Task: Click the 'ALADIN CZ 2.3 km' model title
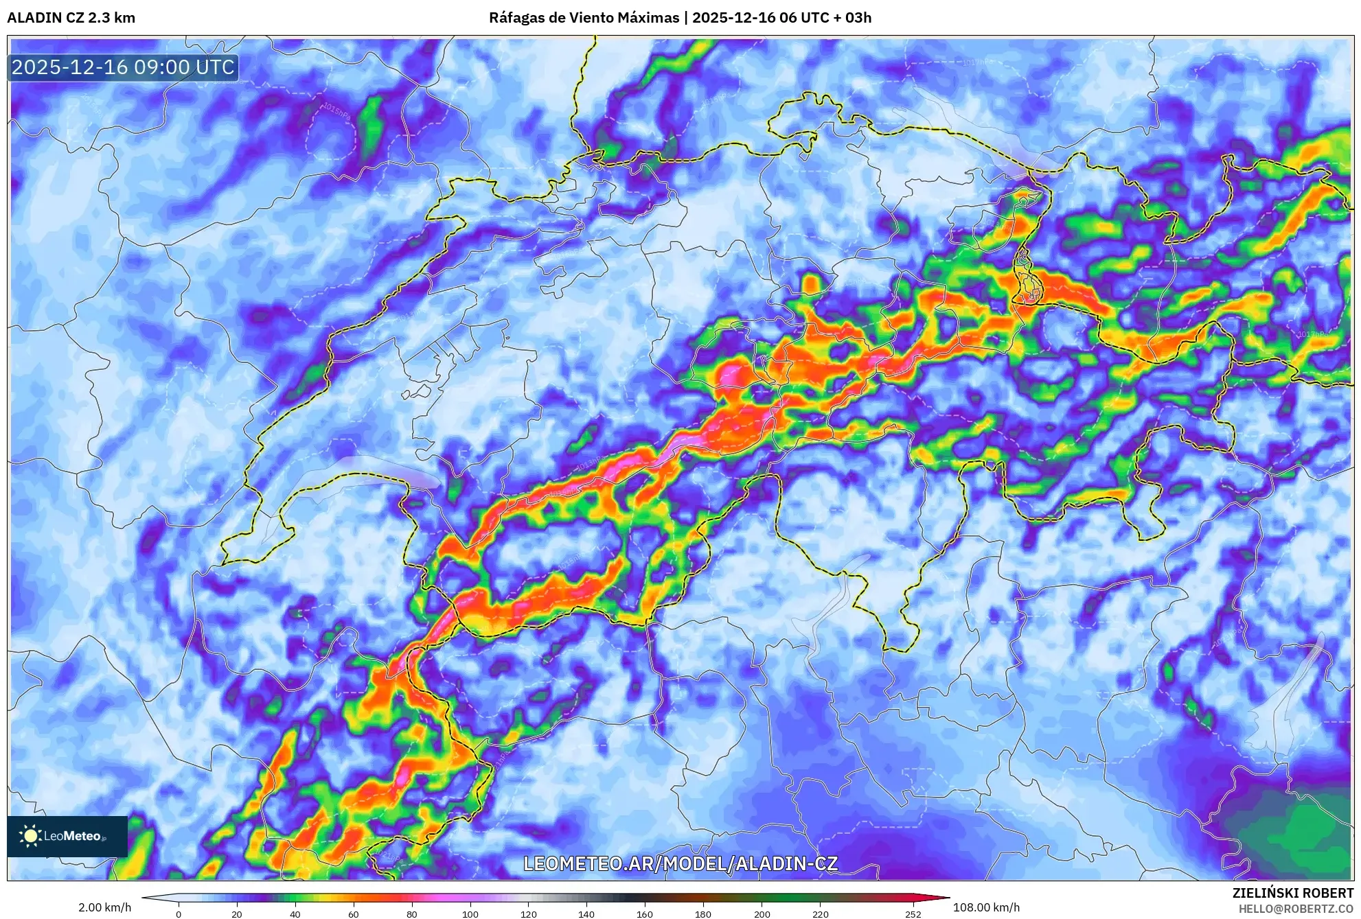click(x=71, y=18)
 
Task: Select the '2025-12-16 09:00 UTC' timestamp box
click(x=123, y=67)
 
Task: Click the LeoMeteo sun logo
click(x=30, y=835)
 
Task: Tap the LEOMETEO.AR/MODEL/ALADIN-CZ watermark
click(x=680, y=863)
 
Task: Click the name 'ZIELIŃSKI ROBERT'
click(x=1292, y=893)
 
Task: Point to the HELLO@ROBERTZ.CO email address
click(x=1296, y=909)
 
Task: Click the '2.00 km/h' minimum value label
click(x=104, y=907)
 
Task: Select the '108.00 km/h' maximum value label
click(x=986, y=907)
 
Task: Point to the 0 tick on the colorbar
click(x=179, y=914)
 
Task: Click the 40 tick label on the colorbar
click(x=295, y=914)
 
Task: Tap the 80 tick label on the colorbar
click(x=411, y=914)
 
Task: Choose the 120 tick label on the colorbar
click(x=528, y=914)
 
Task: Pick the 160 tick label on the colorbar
click(x=644, y=914)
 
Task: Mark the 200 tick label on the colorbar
click(x=762, y=914)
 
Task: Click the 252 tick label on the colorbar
click(x=913, y=914)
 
